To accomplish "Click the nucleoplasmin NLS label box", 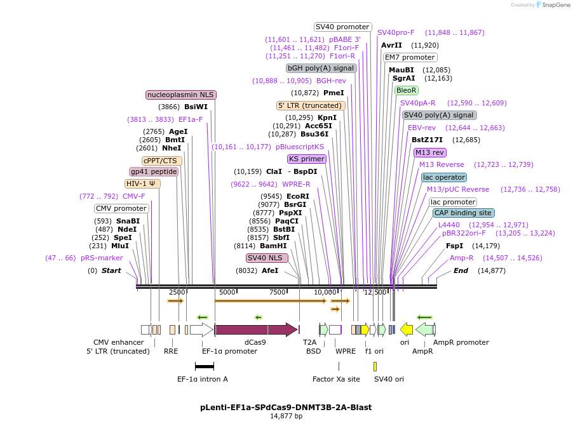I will [181, 95].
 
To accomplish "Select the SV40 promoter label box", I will [343, 27].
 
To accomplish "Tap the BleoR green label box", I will [407, 90].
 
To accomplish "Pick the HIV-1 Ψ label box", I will [143, 183].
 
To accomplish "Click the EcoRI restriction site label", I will [298, 196].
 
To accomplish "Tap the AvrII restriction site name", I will [391, 45].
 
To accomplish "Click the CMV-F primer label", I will [134, 196].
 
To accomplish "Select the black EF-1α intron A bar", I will [205, 366].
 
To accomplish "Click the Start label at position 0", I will [111, 270].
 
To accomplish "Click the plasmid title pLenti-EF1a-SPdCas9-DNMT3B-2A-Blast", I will [286, 407].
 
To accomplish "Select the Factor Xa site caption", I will [336, 379].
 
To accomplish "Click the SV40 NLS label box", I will [267, 258].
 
